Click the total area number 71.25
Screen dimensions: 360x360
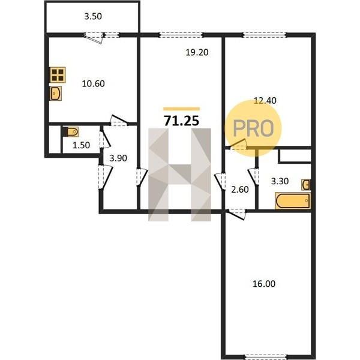pyautogui.click(x=181, y=121)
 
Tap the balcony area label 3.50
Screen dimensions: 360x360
pyautogui.click(x=93, y=17)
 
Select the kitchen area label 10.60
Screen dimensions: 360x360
pyautogui.click(x=93, y=83)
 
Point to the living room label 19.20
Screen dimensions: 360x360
pyautogui.click(x=197, y=52)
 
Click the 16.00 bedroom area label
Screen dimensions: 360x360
pyautogui.click(x=264, y=284)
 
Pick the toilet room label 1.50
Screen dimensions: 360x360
pyautogui.click(x=81, y=145)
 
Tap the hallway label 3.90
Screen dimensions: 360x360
pyautogui.click(x=118, y=158)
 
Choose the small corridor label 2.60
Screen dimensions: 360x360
pyautogui.click(x=240, y=190)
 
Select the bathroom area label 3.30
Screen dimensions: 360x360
pyautogui.click(x=280, y=181)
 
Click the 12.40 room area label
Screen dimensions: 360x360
pyautogui.click(x=265, y=101)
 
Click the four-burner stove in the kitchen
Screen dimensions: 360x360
pyautogui.click(x=58, y=75)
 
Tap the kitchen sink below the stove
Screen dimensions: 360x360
pyautogui.click(x=56, y=94)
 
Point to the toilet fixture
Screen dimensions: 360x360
pyautogui.click(x=71, y=132)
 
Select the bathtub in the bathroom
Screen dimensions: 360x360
pyautogui.click(x=293, y=201)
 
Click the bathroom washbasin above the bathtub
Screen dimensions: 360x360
pyautogui.click(x=306, y=185)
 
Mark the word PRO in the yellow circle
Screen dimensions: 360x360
pyautogui.click(x=253, y=128)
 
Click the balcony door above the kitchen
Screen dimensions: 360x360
pyautogui.click(x=94, y=37)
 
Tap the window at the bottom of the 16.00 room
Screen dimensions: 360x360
pyautogui.click(x=265, y=357)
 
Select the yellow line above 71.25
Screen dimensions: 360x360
pyautogui.click(x=181, y=109)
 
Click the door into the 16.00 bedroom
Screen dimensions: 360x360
pyautogui.click(x=236, y=214)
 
